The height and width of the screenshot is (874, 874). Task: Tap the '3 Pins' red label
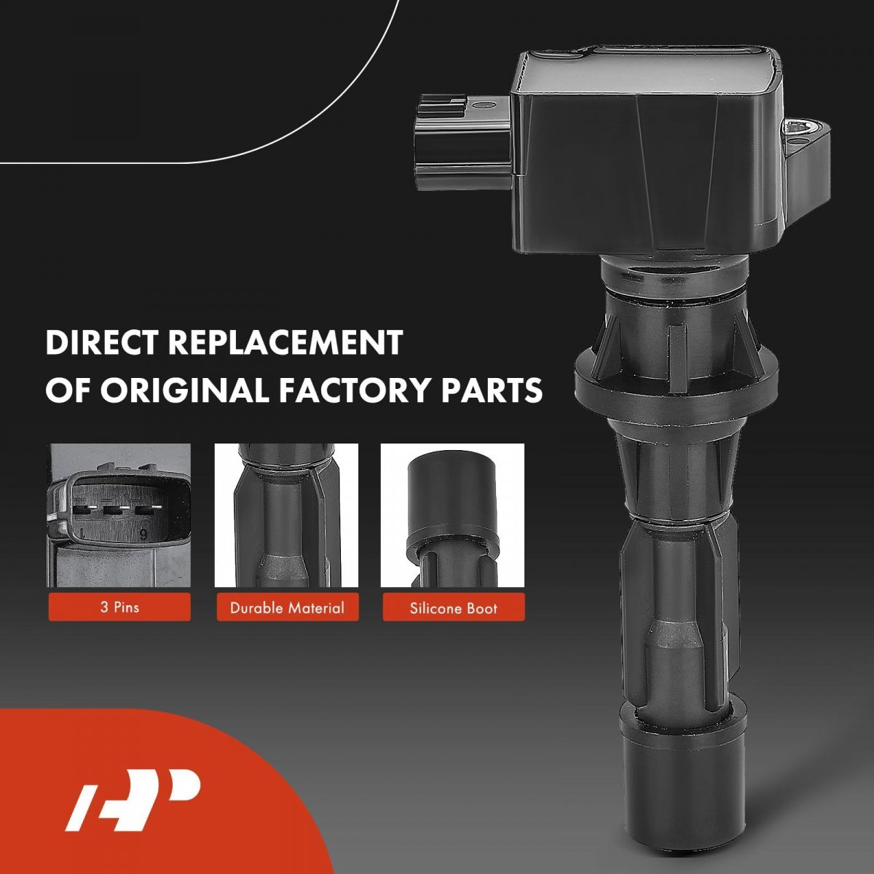pyautogui.click(x=119, y=607)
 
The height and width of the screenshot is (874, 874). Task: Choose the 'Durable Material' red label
pyautogui.click(x=288, y=607)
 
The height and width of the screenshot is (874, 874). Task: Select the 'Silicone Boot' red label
pyautogui.click(x=454, y=607)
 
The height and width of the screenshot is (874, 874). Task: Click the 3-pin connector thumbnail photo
pyautogui.click(x=119, y=515)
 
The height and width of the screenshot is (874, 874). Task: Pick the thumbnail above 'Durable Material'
pyautogui.click(x=287, y=515)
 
